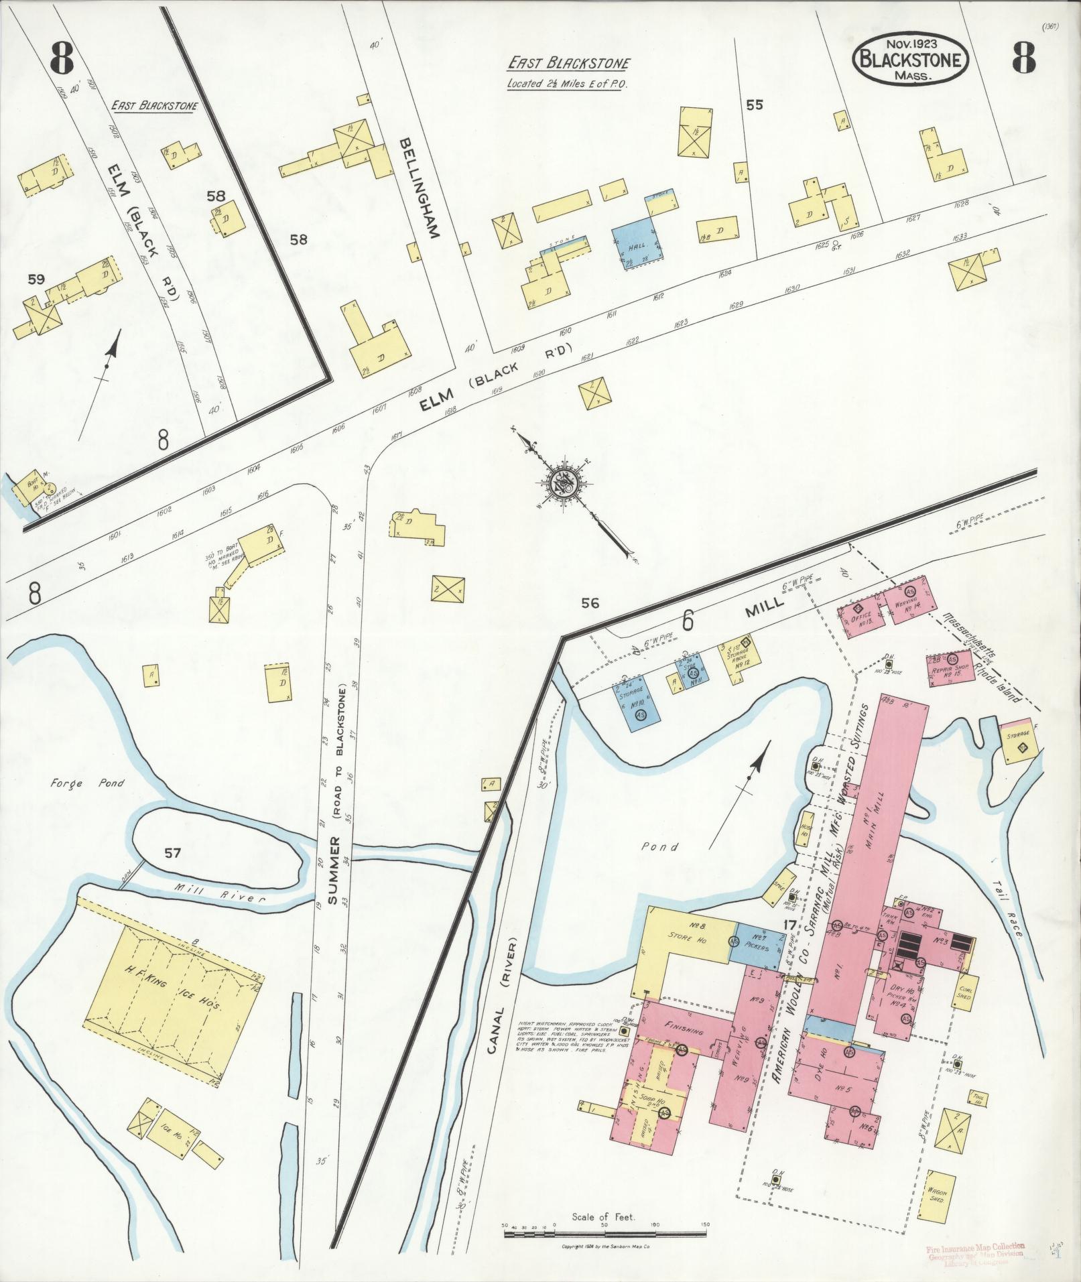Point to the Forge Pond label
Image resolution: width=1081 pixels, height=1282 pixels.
click(x=86, y=782)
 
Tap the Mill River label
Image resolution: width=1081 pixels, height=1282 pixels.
click(x=227, y=898)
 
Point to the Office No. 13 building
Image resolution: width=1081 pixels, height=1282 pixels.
click(x=861, y=615)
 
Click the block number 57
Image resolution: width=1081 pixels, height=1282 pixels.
click(x=173, y=852)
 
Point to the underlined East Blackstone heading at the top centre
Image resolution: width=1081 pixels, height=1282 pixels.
click(x=568, y=64)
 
